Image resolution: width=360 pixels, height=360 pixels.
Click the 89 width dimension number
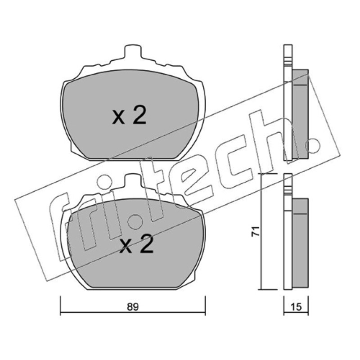click(133, 307)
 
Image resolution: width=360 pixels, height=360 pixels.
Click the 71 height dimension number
click(255, 231)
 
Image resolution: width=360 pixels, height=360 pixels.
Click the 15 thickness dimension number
click(296, 307)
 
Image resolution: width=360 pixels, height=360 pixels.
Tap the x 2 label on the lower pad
click(136, 244)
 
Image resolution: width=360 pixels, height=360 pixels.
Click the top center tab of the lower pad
click(132, 180)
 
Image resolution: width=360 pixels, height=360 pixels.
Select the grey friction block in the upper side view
click(300, 114)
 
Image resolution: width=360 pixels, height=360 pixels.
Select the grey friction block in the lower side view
click(300, 243)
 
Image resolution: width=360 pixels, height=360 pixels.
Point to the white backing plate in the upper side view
click(288, 103)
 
